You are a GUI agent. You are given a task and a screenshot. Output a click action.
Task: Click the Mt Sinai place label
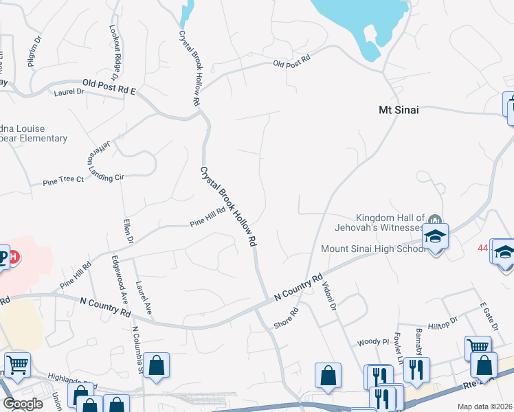click(399, 109)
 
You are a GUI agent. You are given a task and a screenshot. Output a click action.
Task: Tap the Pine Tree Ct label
click(63, 179)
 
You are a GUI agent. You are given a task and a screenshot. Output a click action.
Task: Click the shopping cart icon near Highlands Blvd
click(17, 365)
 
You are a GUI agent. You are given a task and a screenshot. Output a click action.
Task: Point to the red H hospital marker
click(14, 257)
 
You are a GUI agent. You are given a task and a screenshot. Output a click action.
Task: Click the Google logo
click(23, 404)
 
